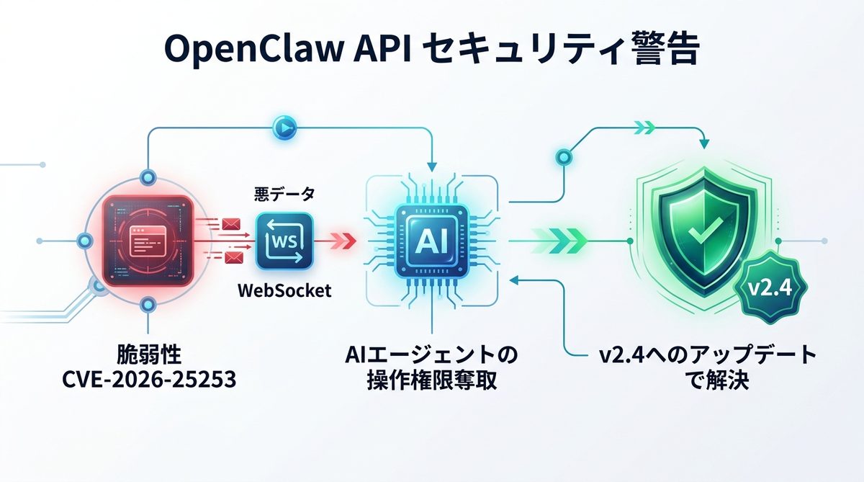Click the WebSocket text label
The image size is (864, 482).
284,291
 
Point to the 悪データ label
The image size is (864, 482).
284,195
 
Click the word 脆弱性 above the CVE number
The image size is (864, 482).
148,354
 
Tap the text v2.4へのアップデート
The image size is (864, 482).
708,354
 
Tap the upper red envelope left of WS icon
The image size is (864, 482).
231,226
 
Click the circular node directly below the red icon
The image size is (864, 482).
148,306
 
